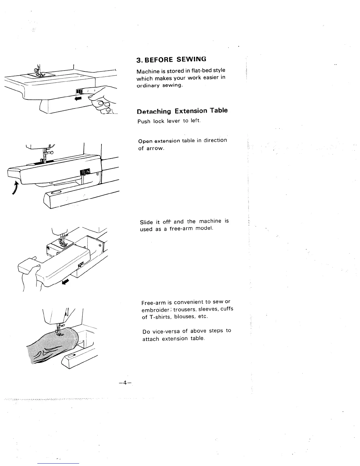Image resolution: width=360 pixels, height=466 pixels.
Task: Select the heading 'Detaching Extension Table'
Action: click(182, 111)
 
